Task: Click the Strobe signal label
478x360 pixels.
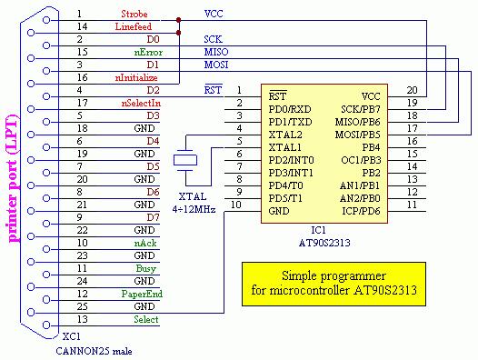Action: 134,14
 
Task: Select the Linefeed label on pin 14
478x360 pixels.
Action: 134,27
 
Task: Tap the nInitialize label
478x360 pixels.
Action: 136,78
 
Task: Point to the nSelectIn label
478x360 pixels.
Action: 141,103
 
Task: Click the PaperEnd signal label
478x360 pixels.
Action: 142,294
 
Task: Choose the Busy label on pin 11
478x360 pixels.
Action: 146,268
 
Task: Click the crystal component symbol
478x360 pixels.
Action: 185,160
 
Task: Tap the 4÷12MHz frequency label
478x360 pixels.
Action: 194,209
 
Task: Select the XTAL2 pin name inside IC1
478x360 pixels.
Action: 284,135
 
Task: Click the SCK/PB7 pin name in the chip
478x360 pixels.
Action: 361,109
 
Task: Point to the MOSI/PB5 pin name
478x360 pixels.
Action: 357,135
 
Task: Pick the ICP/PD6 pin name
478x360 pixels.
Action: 361,211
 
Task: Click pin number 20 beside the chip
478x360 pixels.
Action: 412,90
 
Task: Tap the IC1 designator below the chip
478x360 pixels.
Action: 318,230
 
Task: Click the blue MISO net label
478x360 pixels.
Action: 216,52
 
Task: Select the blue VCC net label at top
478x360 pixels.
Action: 214,14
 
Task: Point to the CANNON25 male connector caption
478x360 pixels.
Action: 94,351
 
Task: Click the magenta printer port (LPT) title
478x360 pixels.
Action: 13,178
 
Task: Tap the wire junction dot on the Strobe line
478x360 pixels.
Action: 179,20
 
